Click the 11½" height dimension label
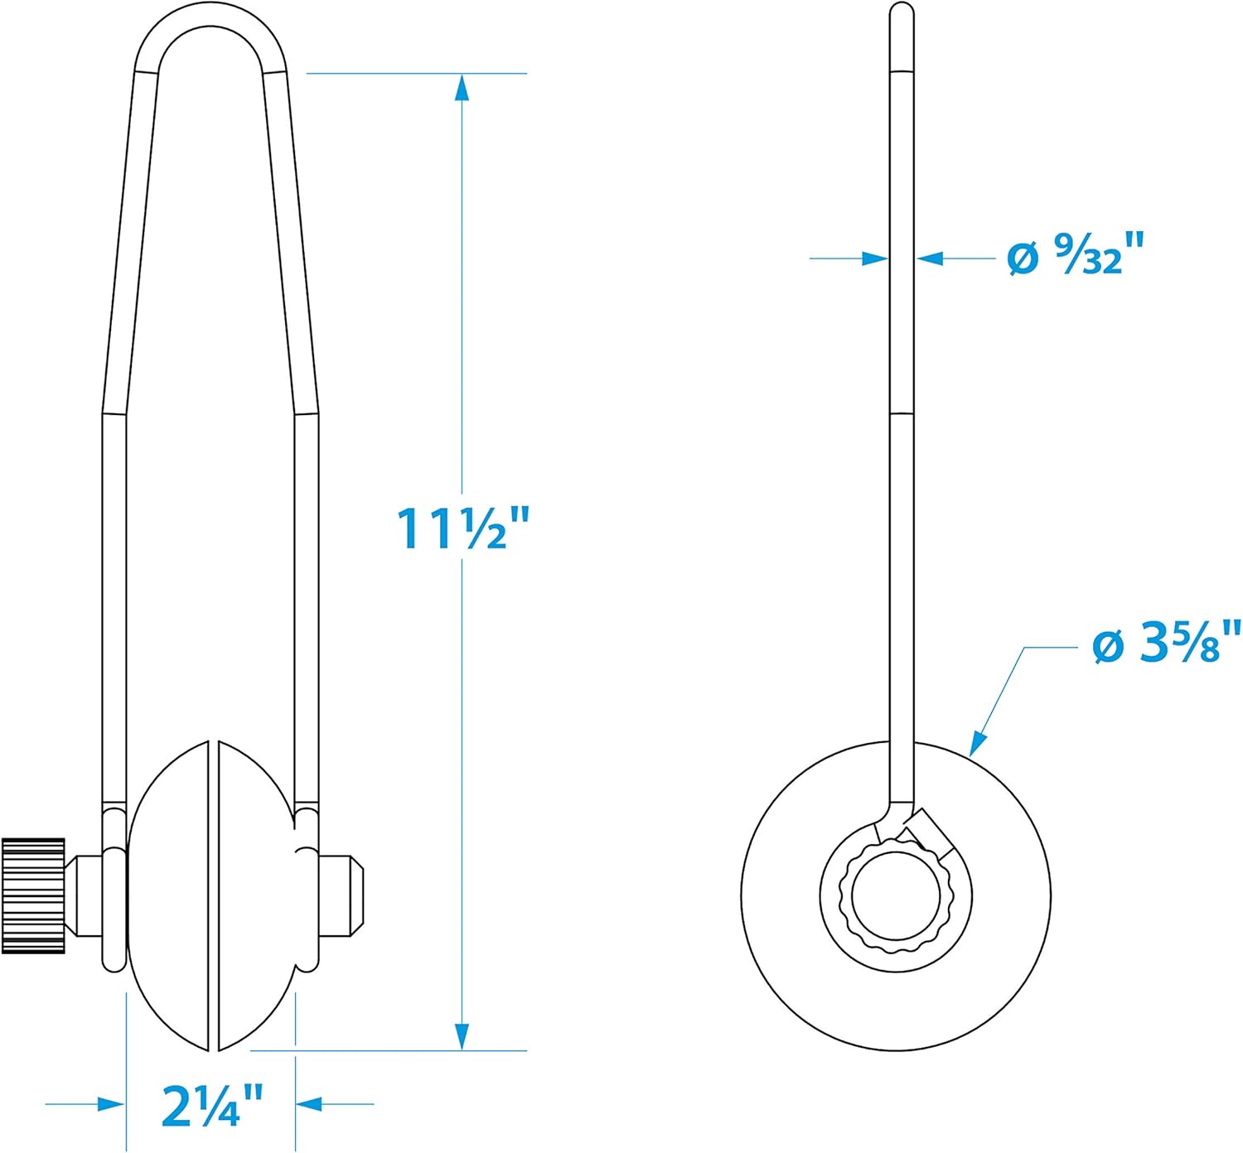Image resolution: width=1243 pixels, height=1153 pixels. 463,528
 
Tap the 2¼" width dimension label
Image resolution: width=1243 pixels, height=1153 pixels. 213,1106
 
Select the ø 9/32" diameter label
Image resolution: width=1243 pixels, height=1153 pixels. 1075,253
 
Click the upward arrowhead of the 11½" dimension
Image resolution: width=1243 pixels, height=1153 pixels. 462,87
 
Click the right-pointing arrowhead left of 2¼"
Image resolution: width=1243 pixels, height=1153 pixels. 111,1104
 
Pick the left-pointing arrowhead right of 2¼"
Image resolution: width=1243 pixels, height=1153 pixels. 309,1104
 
